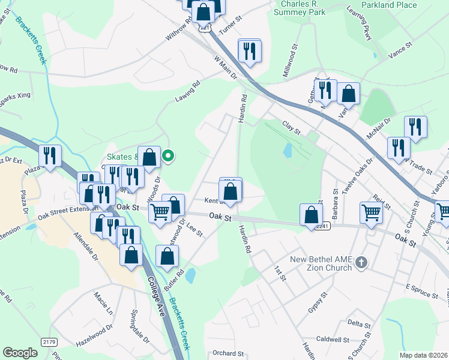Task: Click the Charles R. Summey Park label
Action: coord(304,7)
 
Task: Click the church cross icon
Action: coord(361,262)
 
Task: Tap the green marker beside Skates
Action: coord(169,157)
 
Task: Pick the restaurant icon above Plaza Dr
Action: coord(50,156)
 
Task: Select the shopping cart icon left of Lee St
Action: coord(160,212)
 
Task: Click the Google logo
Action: coord(20,353)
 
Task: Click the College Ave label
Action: coord(161,300)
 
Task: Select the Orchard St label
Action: coord(228,353)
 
